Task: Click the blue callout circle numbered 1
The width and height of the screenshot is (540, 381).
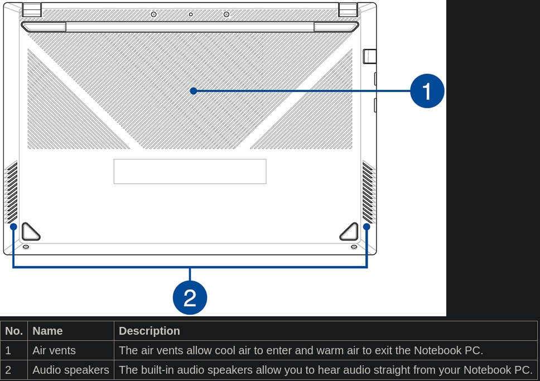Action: [427, 91]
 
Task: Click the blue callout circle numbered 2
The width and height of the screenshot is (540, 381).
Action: [190, 298]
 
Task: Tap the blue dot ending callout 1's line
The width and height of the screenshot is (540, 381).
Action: [194, 91]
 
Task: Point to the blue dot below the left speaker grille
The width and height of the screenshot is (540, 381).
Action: [13, 226]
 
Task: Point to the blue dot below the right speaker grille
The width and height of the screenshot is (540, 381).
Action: [367, 226]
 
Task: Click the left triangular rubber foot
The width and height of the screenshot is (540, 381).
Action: [30, 232]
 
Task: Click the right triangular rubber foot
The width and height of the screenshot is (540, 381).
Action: [350, 232]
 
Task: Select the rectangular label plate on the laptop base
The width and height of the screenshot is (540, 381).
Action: [190, 171]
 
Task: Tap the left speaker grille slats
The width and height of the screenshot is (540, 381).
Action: [11, 192]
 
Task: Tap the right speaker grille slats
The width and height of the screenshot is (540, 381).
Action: [369, 192]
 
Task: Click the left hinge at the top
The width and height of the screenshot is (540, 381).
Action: [32, 9]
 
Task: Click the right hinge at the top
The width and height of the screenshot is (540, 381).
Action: [348, 9]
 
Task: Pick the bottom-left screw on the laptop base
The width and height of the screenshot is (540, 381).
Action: [26, 247]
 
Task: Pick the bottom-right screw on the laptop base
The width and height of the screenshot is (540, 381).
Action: [354, 247]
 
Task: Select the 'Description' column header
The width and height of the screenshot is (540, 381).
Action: [149, 331]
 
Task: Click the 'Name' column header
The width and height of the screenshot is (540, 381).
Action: [47, 331]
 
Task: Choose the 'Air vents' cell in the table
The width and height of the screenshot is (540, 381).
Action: [54, 350]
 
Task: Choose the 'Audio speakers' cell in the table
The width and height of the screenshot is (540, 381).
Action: [71, 370]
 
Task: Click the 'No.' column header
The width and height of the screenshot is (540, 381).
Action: [14, 331]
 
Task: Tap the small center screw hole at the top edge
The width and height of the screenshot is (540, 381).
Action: [191, 15]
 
